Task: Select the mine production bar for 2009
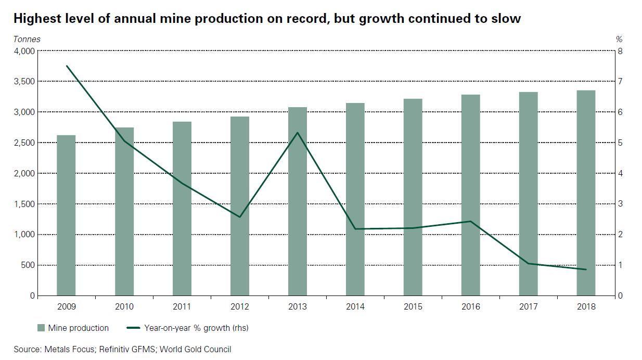point(66,215)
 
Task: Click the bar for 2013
point(298,201)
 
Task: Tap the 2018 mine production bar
point(586,193)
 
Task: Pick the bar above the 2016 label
point(470,195)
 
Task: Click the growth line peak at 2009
point(67,66)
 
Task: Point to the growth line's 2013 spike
point(298,133)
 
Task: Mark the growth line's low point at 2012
point(240,216)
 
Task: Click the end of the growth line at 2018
point(586,269)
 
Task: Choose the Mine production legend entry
point(73,328)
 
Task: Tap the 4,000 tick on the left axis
point(23,51)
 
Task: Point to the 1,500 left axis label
point(23,204)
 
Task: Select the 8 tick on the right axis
point(619,51)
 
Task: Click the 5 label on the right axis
point(619,143)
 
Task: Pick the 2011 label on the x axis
point(182,306)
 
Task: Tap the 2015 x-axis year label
point(413,306)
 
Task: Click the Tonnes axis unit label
point(27,39)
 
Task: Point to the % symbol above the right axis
point(619,39)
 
